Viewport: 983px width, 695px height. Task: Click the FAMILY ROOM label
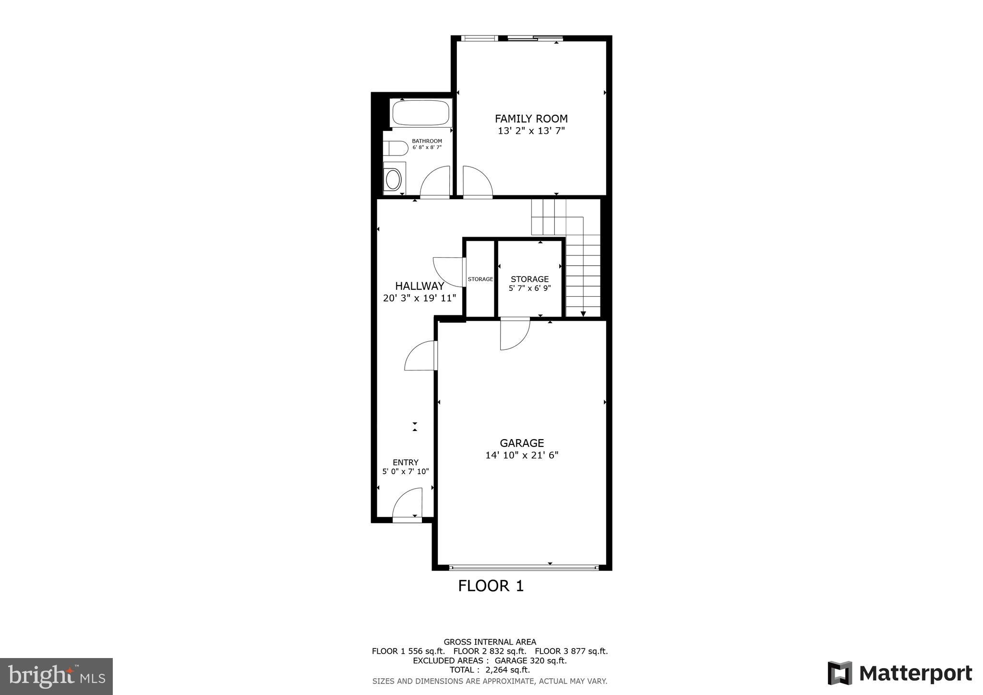[531, 119]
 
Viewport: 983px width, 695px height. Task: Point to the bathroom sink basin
[394, 179]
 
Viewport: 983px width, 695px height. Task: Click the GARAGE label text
[522, 443]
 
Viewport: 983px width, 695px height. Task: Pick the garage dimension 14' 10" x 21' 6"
[522, 455]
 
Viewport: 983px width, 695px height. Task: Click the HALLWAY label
[420, 286]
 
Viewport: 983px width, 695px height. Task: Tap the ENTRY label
[406, 463]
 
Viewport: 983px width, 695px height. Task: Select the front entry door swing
[408, 504]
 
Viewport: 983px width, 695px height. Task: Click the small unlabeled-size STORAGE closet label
[480, 279]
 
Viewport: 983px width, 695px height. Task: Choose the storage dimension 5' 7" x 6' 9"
[529, 288]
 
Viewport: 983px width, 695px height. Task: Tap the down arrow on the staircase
[583, 313]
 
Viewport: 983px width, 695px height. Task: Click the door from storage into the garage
[515, 334]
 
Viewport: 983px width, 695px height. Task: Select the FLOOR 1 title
[491, 586]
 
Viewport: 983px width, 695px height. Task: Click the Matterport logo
[900, 673]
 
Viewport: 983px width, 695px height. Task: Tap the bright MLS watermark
[57, 677]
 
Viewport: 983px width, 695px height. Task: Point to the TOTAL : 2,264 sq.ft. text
[490, 670]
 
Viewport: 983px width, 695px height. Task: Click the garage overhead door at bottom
[524, 567]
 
